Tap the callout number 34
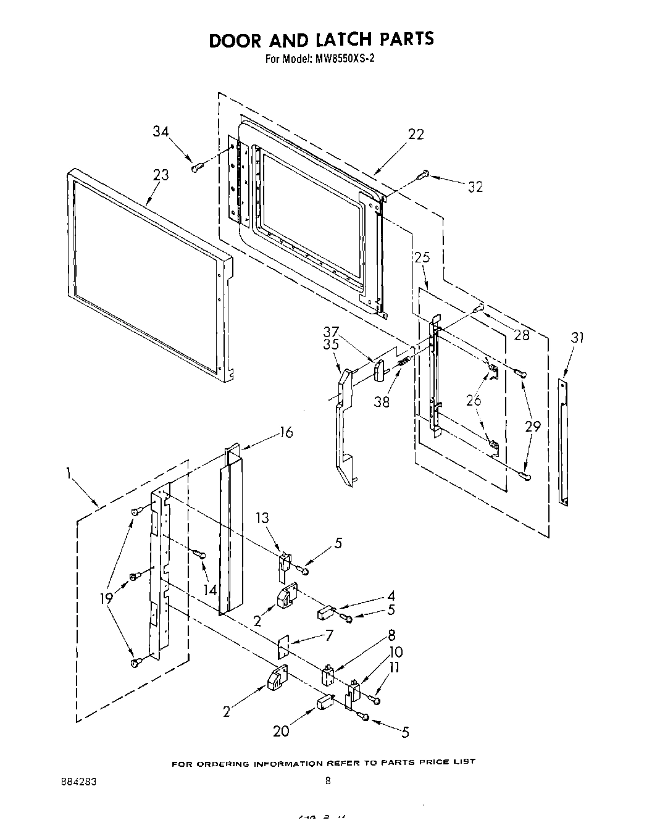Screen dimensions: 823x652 click(x=161, y=131)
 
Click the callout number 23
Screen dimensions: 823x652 click(x=161, y=175)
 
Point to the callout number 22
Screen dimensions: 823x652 click(x=416, y=134)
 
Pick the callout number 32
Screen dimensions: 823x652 click(x=475, y=187)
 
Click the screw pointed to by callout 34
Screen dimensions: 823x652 click(x=197, y=166)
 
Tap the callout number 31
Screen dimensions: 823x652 click(x=577, y=337)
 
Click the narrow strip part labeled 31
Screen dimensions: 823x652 click(x=562, y=441)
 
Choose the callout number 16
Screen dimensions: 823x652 click(x=286, y=432)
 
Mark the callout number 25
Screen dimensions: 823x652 click(x=422, y=257)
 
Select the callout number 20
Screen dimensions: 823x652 click(x=281, y=731)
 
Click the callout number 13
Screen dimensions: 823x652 click(x=263, y=517)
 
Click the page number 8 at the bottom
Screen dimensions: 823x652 click(x=328, y=781)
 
